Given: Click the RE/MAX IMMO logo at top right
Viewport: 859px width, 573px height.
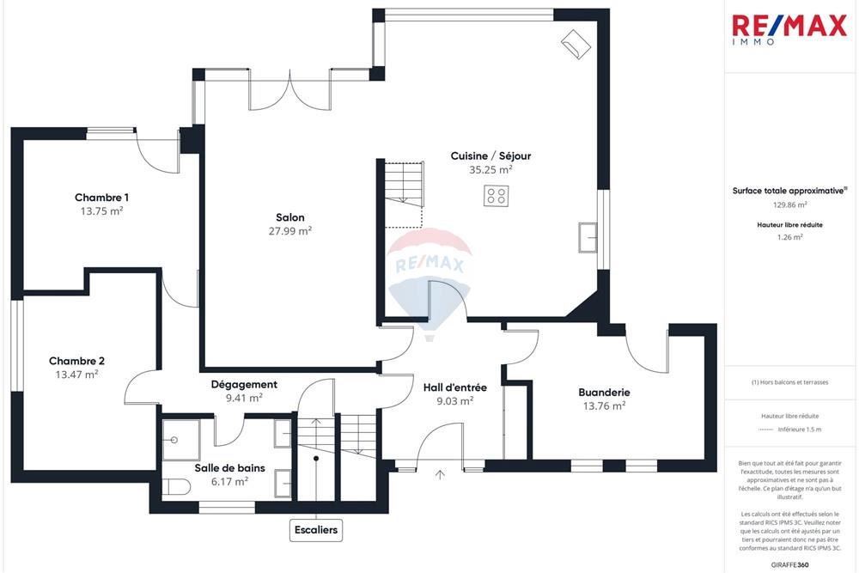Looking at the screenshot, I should point(789,28).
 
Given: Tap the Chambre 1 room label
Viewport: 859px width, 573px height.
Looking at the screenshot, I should point(101,198).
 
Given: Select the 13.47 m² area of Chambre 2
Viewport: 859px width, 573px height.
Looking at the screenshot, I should point(76,375).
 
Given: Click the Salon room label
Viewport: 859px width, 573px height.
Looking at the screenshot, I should point(289,217).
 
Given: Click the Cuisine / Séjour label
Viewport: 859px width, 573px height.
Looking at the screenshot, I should point(490,155).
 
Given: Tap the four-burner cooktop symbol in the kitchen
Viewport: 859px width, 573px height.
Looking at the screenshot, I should point(495,196).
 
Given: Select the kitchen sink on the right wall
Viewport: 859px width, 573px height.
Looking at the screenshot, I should point(589,236).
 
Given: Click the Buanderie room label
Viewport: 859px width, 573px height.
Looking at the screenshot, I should point(604,393).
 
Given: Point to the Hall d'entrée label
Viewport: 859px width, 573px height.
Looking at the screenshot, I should point(454,387).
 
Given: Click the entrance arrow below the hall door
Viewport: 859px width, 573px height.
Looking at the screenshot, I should point(442,473).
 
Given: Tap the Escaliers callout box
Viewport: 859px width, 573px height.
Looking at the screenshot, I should point(316,530).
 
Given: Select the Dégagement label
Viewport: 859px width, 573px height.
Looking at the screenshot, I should point(244,385).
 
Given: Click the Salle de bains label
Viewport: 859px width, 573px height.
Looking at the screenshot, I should point(229,468).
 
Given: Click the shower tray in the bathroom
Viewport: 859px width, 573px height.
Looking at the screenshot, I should point(180,439).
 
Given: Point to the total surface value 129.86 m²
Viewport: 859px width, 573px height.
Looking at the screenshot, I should point(789,205).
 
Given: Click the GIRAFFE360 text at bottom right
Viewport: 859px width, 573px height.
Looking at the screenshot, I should point(790,564).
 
